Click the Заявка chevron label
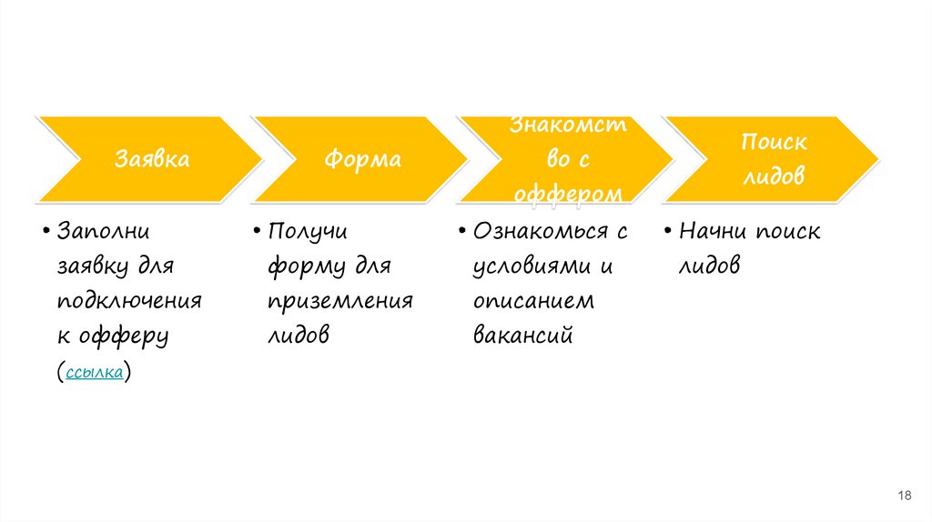tap(152, 160)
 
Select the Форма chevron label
tap(362, 160)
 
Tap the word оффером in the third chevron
tap(568, 194)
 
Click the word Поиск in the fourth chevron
tap(774, 143)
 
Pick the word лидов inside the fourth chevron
tap(774, 177)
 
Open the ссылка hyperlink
tap(95, 372)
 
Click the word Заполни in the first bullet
tap(103, 231)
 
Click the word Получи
tap(309, 231)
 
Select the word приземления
tap(340, 301)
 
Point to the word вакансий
tap(522, 336)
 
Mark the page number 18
tap(905, 495)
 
